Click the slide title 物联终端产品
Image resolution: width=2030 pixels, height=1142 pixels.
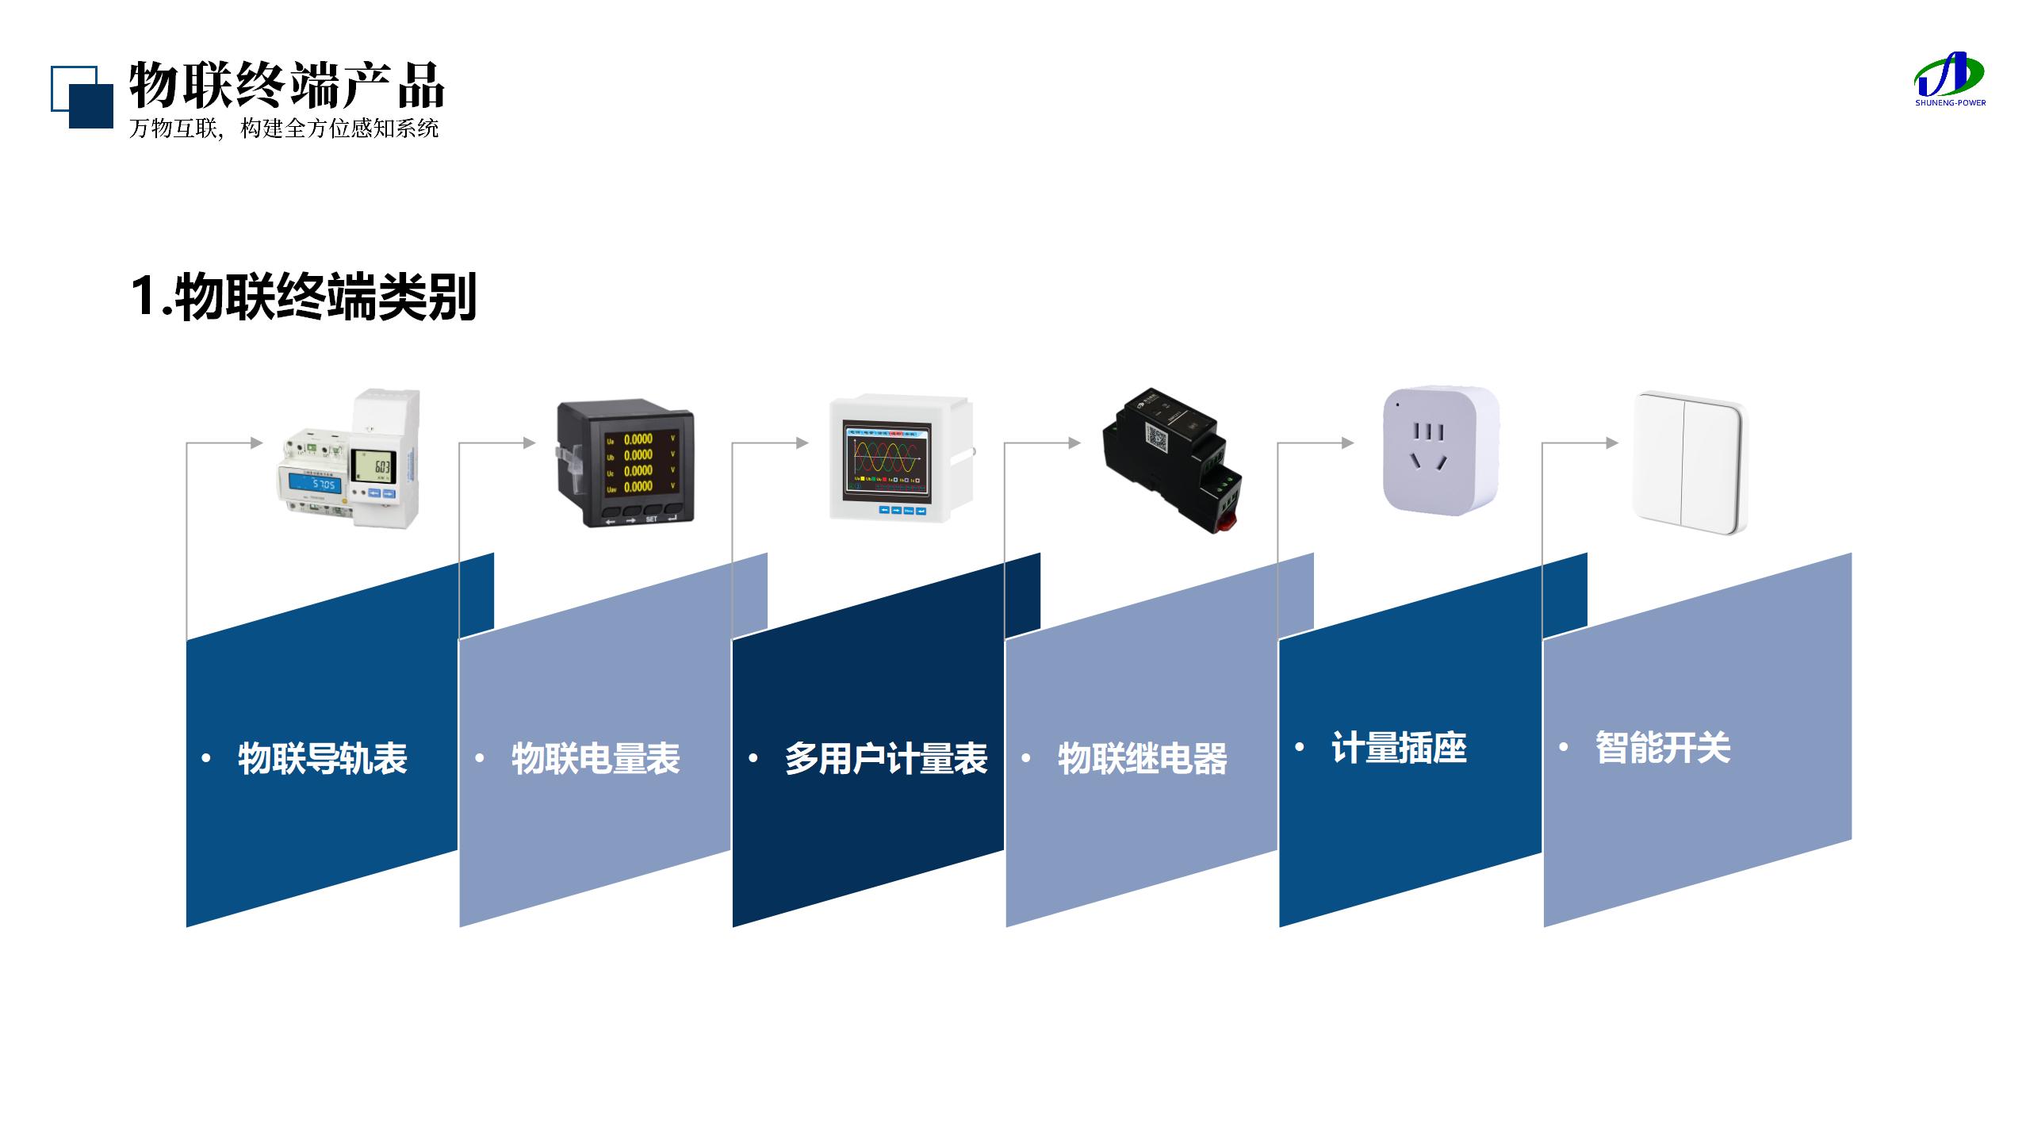pyautogui.click(x=286, y=85)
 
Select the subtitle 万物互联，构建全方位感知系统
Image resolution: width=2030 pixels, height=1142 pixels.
pyautogui.click(x=284, y=128)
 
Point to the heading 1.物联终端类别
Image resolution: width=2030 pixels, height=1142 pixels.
pyautogui.click(x=304, y=297)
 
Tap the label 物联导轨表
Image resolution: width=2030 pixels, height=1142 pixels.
pyautogui.click(x=322, y=758)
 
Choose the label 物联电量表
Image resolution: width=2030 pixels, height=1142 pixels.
pyautogui.click(x=596, y=758)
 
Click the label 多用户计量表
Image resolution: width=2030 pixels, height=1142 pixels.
pyautogui.click(x=886, y=758)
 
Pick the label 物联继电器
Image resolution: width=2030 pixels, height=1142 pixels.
pyautogui.click(x=1142, y=758)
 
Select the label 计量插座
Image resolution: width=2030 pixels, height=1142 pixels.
pyautogui.click(x=1399, y=748)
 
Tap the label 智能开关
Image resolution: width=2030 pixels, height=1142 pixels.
pyautogui.click(x=1663, y=748)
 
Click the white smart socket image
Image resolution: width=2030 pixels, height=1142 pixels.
pyautogui.click(x=1440, y=450)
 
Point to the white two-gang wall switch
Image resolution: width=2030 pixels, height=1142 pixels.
pyautogui.click(x=1690, y=462)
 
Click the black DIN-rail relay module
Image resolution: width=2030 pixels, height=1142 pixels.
pyautogui.click(x=1171, y=460)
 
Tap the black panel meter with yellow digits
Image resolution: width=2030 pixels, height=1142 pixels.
pyautogui.click(x=626, y=466)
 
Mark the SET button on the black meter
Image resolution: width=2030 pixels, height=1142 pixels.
pyautogui.click(x=651, y=519)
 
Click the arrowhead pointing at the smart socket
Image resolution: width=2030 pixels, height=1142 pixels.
pyautogui.click(x=1347, y=443)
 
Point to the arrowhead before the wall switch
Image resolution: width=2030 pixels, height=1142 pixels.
pyautogui.click(x=1612, y=443)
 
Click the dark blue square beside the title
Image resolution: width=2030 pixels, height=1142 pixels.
pyautogui.click(x=91, y=106)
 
